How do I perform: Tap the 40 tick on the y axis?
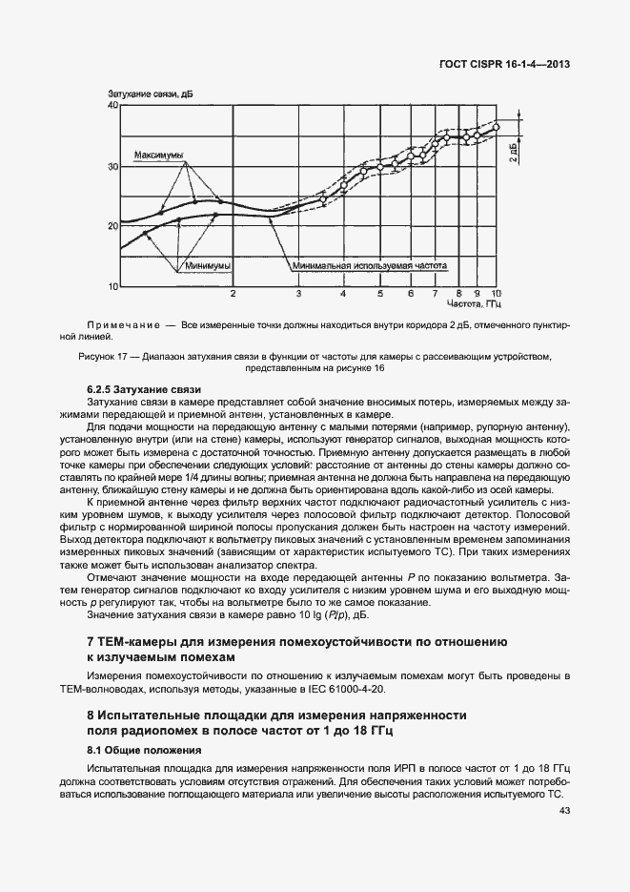coord(112,106)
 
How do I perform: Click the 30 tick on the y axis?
coord(112,166)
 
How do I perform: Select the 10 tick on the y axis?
coord(112,286)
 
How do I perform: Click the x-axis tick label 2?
coord(232,294)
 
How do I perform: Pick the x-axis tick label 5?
coord(379,294)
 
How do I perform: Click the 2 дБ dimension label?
coord(513,152)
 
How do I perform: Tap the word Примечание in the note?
coord(127,325)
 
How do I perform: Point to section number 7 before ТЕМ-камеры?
coord(90,643)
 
